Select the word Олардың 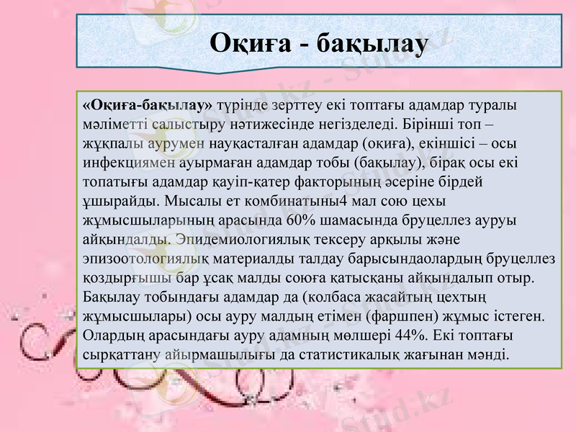117,335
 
